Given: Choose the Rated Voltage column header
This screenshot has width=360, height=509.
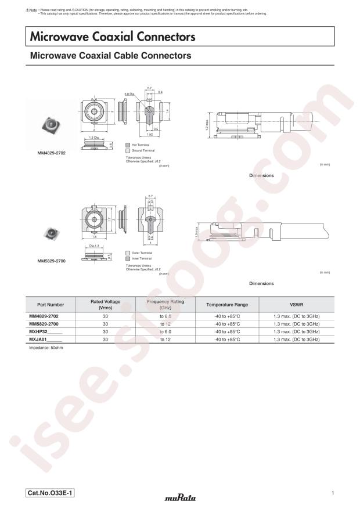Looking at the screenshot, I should pos(105,304).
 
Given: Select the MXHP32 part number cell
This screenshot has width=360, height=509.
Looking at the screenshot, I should pos(45,331).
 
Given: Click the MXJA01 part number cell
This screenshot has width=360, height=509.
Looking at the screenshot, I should pos(45,339).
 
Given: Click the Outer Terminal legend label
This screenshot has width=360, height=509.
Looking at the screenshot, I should pos(142,253).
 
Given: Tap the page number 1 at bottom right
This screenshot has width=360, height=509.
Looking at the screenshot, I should pos(332,493).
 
